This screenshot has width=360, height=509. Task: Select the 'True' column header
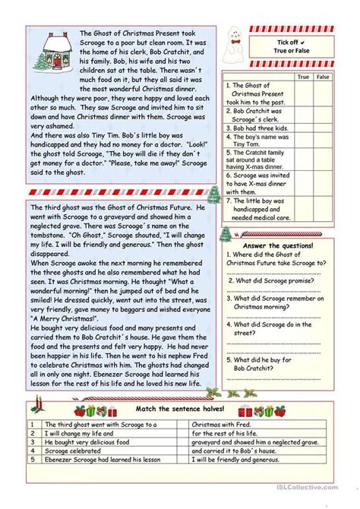(303, 77)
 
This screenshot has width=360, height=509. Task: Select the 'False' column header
(324, 77)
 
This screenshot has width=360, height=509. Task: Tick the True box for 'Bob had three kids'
(303, 130)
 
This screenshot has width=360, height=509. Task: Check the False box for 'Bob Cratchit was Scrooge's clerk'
(324, 115)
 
